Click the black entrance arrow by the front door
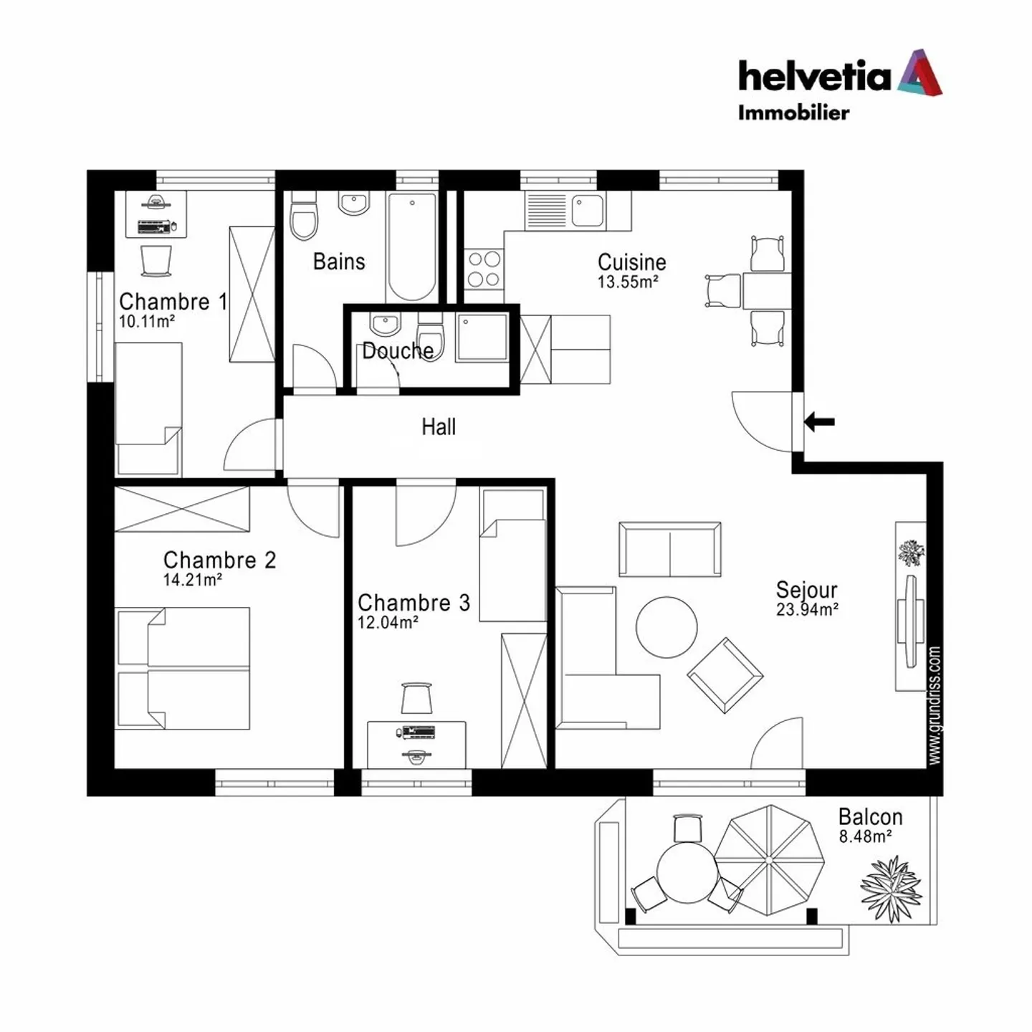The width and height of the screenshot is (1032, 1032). click(x=819, y=421)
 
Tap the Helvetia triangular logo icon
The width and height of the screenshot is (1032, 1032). click(x=920, y=73)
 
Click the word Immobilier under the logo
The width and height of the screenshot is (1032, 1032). click(x=793, y=113)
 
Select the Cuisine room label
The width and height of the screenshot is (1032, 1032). click(x=631, y=262)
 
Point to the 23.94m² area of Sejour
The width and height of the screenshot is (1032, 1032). click(x=807, y=610)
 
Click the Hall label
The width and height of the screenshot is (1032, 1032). click(x=439, y=427)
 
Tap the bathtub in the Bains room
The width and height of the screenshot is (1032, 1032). click(x=411, y=246)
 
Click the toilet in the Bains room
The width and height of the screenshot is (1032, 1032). click(x=303, y=217)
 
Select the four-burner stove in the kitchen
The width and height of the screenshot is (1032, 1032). click(x=484, y=269)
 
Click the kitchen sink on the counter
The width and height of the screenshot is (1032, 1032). click(x=587, y=210)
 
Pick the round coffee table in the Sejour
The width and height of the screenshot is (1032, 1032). click(x=666, y=627)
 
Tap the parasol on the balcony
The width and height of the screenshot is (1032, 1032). click(x=769, y=859)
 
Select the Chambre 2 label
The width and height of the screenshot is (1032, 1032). click(x=219, y=560)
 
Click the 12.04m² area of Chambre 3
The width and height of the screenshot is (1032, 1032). click(x=388, y=623)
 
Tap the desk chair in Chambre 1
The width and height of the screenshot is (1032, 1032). click(x=156, y=260)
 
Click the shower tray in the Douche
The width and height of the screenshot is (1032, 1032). click(x=482, y=336)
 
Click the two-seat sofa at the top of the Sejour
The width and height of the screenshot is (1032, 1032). click(x=670, y=549)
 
